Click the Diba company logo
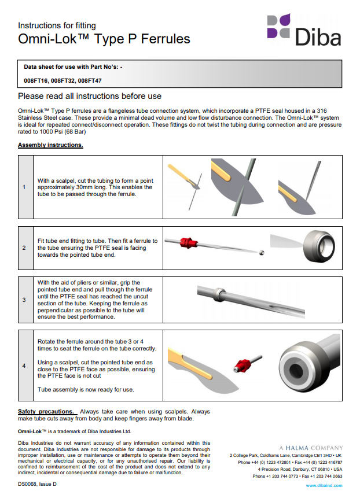tap(303, 29)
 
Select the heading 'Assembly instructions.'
tap(50, 145)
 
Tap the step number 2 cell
tap(24, 248)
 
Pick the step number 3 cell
tap(24, 300)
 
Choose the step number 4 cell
tap(24, 366)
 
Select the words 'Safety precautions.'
tap(46, 411)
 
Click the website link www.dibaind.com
tap(324, 485)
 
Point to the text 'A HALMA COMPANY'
tap(310, 448)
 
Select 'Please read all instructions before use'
tap(90, 96)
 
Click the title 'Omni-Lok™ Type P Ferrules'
tap(104, 39)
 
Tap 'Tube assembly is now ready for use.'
tap(86, 389)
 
